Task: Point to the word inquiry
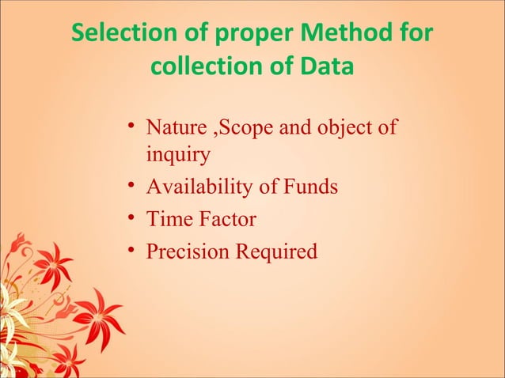tap(178, 155)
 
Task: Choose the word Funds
tap(310, 187)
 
